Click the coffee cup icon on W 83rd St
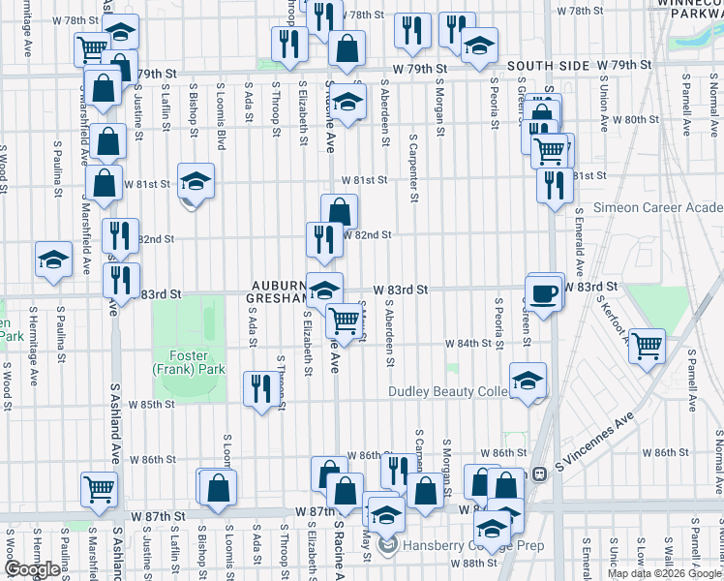[x=544, y=292]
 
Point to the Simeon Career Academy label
[x=657, y=207]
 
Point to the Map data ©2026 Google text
[x=663, y=573]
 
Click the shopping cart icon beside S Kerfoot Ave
[x=647, y=346]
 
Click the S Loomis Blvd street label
[x=222, y=119]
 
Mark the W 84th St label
[x=469, y=344]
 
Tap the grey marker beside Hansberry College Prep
[x=388, y=546]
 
